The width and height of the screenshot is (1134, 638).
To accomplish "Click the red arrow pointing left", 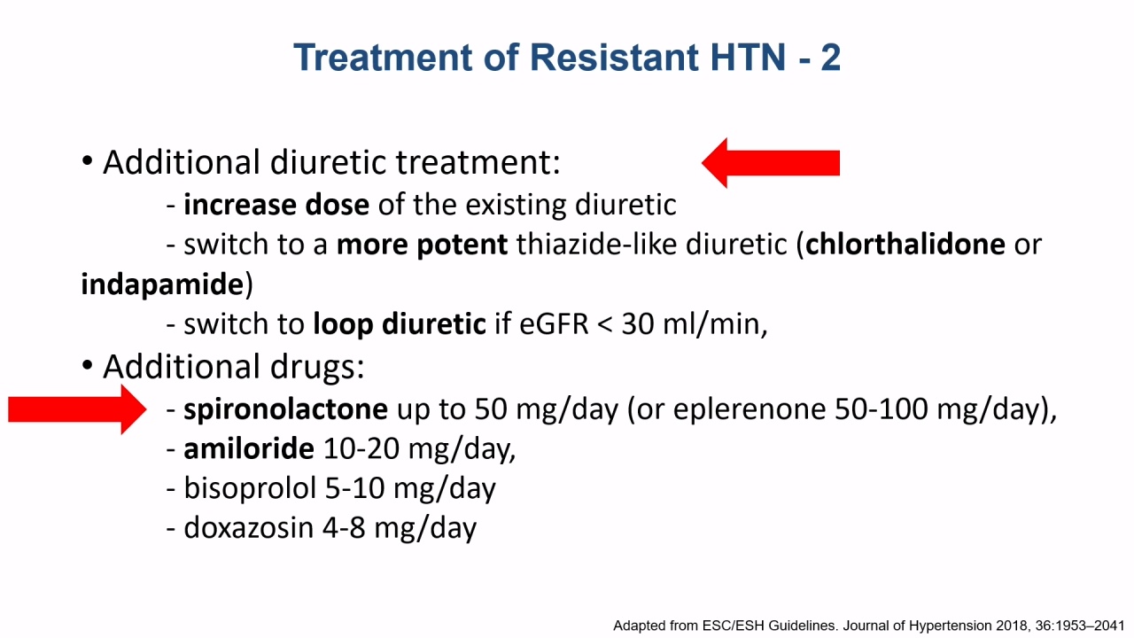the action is tap(771, 163).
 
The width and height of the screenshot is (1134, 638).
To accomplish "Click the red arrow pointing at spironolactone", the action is tap(77, 409).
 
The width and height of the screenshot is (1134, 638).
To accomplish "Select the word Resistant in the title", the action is tap(615, 58).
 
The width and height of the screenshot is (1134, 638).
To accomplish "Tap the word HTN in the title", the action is tap(749, 58).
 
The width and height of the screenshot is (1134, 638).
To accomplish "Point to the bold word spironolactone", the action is tap(285, 409).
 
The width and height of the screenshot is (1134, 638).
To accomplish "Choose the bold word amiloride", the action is tap(249, 448).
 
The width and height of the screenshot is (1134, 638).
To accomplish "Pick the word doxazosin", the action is tap(249, 527).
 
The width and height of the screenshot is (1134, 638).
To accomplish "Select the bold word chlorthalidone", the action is tap(905, 245).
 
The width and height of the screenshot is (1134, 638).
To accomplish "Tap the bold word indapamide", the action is tap(162, 284).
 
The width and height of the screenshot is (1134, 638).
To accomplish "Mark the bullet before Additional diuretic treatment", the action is tap(87, 161).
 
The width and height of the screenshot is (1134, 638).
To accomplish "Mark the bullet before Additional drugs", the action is tap(87, 365).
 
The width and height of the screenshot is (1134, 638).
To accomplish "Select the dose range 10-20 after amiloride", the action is tap(361, 449).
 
